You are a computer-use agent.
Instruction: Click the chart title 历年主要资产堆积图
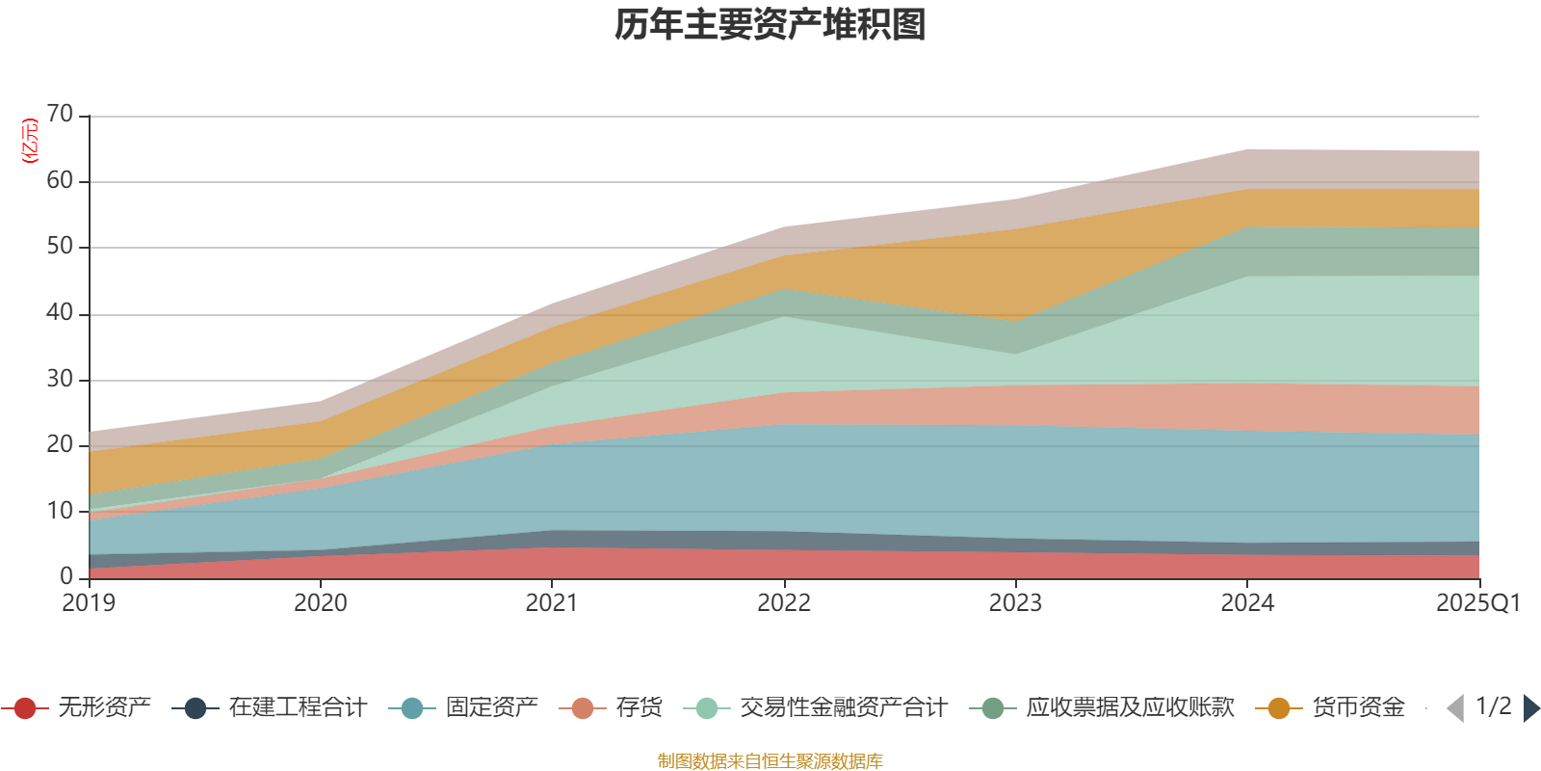coord(770,25)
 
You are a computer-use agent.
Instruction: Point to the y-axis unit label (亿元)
coord(30,141)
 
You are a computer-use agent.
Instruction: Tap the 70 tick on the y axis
coord(60,115)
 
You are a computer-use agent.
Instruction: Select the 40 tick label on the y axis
coord(60,313)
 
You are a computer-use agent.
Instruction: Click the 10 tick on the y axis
coord(60,511)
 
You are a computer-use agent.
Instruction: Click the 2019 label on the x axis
coord(89,603)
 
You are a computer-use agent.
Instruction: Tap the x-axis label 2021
coord(552,603)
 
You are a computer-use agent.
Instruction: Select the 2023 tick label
coord(1015,603)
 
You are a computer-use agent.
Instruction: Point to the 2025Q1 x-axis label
coord(1477,603)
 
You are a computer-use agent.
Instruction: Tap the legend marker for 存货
coord(583,709)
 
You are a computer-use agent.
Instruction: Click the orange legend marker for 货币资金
coord(1279,709)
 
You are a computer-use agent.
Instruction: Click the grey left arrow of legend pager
coord(1455,708)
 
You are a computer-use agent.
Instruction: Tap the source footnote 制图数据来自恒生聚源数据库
coord(770,761)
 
